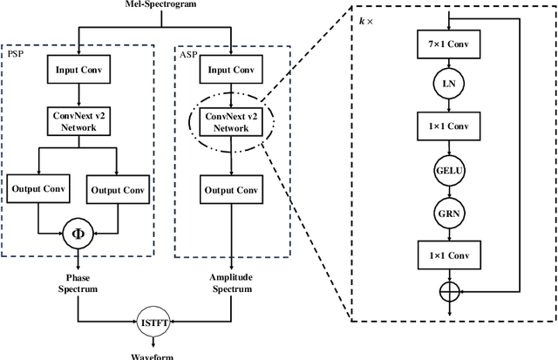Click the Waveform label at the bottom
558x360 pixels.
(x=154, y=355)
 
